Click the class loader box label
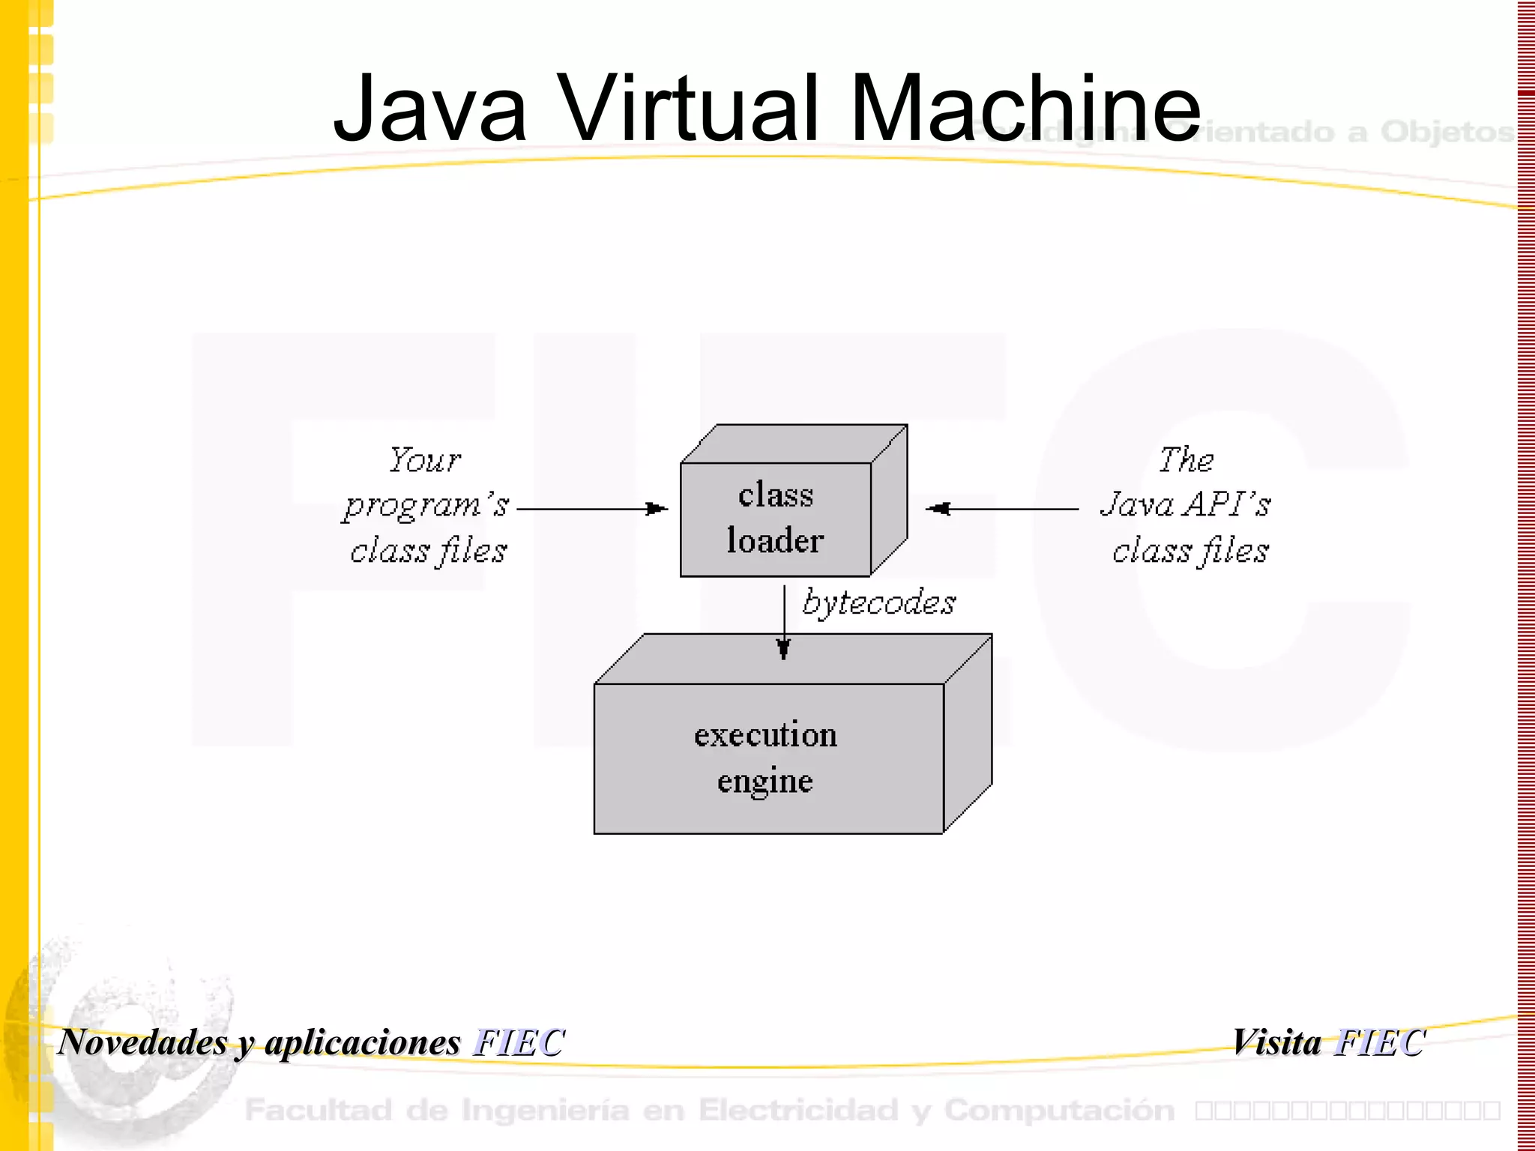click(775, 518)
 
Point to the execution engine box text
click(765, 758)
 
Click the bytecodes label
click(878, 602)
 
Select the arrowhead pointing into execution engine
click(784, 649)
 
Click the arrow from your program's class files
click(592, 509)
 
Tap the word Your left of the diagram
click(424, 459)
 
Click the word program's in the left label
click(426, 505)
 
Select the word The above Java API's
click(1186, 459)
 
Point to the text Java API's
click(1186, 504)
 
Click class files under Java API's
click(1190, 551)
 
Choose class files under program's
click(428, 551)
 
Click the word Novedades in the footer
click(142, 1042)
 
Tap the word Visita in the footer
click(1277, 1042)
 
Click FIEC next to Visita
click(1380, 1042)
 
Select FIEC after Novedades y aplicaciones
click(519, 1042)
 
